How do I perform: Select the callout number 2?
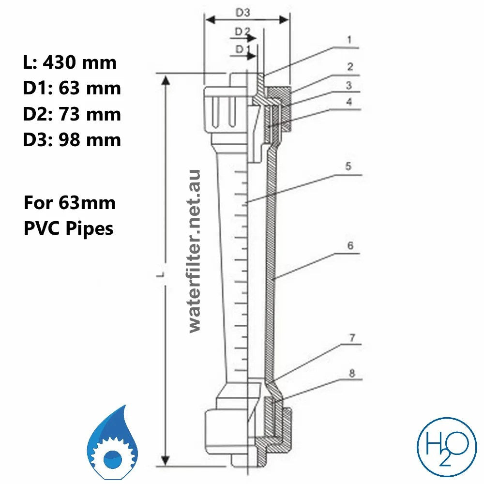pos(349,66)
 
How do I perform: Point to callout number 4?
pos(348,102)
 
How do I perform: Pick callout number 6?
pos(349,246)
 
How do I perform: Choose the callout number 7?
pos(352,338)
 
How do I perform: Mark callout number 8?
pos(352,373)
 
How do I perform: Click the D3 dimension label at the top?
pos(242,13)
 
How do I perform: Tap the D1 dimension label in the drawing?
pos(242,49)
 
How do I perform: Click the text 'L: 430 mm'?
pos(70,62)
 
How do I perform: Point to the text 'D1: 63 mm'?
pos(72,88)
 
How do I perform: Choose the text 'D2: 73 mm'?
pos(72,114)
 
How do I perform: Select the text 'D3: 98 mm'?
pos(72,140)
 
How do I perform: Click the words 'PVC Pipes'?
pos(68,227)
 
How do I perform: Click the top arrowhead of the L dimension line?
pos(166,80)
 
